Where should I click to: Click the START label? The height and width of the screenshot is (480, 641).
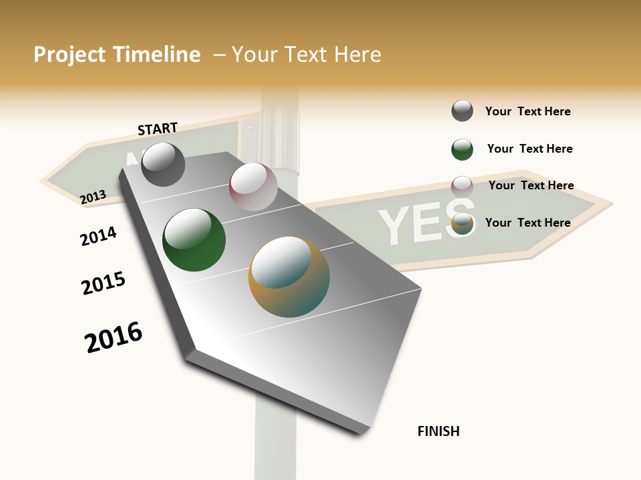(x=158, y=128)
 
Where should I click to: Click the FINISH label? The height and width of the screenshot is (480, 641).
(x=438, y=431)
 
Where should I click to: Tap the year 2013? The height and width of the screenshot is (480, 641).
(x=93, y=197)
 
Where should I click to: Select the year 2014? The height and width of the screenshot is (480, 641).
(x=98, y=236)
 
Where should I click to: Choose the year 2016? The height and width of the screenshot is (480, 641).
(x=114, y=337)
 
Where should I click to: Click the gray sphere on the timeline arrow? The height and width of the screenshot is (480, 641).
(x=163, y=164)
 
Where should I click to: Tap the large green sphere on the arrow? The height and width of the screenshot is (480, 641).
(x=194, y=240)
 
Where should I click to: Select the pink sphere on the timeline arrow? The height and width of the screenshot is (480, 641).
(x=253, y=187)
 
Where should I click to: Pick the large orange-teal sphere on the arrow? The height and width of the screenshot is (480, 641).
(x=289, y=277)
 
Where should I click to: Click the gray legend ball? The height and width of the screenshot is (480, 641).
(x=462, y=111)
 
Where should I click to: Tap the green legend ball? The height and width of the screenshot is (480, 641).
(x=462, y=149)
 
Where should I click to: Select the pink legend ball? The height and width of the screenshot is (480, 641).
(x=462, y=186)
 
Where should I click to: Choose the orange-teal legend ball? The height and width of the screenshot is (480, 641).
(x=462, y=225)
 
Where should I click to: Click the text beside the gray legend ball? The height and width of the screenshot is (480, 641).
(x=527, y=111)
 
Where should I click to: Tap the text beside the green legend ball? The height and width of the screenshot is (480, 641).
(x=529, y=149)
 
